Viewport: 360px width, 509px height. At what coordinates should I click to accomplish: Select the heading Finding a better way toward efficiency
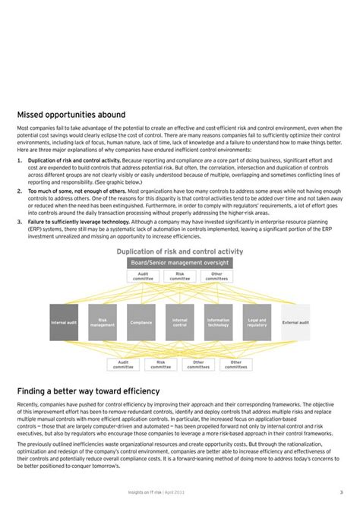coord(88,390)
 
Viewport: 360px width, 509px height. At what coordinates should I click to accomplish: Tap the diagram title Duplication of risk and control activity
coord(180,251)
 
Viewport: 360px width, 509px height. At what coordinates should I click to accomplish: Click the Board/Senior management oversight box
coord(180,263)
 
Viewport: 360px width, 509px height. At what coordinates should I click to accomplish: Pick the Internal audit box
coord(64,322)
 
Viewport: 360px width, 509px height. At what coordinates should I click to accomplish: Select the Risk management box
coord(103,322)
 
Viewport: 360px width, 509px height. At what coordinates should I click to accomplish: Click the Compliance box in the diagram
coord(141,322)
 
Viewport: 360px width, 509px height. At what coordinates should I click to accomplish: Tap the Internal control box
coord(180,322)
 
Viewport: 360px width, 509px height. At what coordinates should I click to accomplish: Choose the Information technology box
coord(218,322)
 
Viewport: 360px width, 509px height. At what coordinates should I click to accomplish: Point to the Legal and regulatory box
coord(257,322)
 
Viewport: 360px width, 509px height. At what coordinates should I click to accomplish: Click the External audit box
coord(295,322)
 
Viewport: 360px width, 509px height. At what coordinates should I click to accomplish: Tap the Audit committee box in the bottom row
coord(123,365)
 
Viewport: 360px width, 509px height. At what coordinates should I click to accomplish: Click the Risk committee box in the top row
coord(180,277)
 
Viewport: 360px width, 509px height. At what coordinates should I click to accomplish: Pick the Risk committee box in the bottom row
coord(161,365)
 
